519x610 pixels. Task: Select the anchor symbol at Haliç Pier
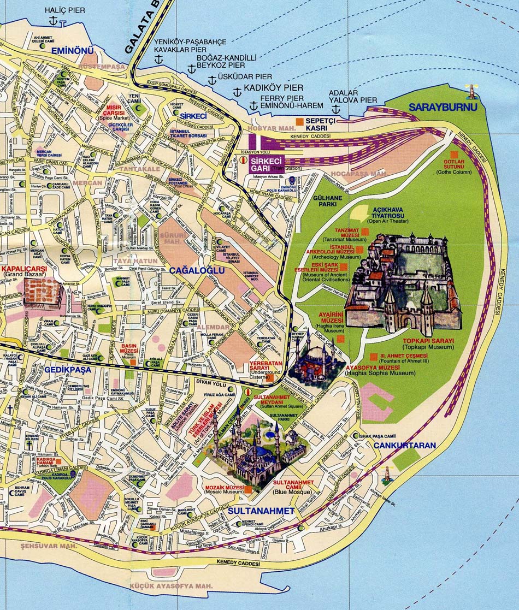click(53, 21)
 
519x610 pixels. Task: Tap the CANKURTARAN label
click(405, 446)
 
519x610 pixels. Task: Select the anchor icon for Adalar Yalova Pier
click(336, 110)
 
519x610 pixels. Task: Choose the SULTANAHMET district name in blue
click(261, 511)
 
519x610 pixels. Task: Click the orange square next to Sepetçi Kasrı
click(299, 121)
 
